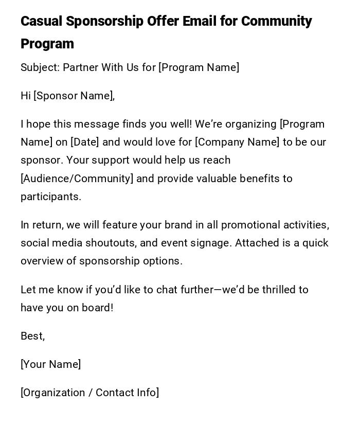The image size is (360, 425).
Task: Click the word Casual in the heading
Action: point(42,22)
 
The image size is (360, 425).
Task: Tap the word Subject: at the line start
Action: point(40,67)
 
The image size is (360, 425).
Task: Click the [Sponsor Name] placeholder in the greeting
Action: point(73,96)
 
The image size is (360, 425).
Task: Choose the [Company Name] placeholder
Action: point(237,142)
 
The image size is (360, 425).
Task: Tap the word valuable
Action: point(221,179)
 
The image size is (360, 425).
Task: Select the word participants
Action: point(51,197)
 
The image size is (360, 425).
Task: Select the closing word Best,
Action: point(33,336)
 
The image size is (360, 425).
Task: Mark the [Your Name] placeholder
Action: point(51,364)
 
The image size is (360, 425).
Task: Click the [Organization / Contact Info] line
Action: point(90,393)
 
